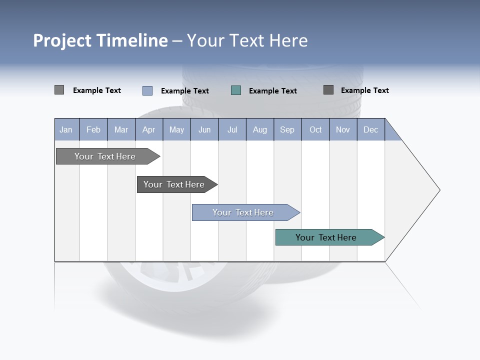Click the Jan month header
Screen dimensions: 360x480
point(66,129)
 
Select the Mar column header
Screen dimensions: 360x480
point(121,129)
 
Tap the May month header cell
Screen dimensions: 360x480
point(176,129)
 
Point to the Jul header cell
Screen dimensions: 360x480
point(232,129)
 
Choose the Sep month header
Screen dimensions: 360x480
point(287,129)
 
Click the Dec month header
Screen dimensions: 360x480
point(370,129)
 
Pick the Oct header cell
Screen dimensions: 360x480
point(315,129)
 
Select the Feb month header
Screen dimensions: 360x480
point(93,129)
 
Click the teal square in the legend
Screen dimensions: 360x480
point(236,90)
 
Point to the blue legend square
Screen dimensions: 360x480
point(147,90)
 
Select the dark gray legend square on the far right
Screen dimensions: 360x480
point(328,90)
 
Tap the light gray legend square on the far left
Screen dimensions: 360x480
point(59,90)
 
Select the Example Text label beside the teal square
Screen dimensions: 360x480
point(272,91)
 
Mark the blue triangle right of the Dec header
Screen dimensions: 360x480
point(391,133)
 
